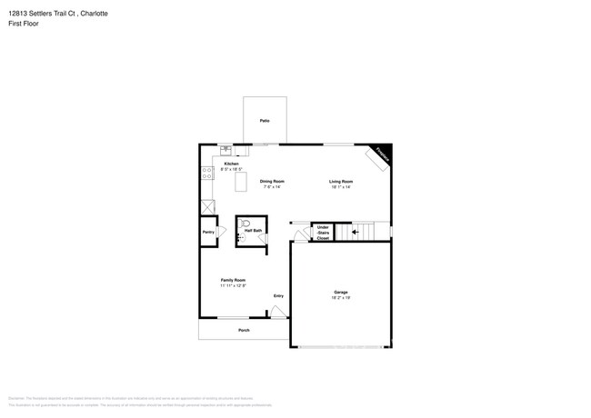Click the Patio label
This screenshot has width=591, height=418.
pos(265,121)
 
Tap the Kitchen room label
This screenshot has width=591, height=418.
pos(231,164)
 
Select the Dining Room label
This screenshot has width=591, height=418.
pos(272,181)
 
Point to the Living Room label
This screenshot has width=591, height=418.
pos(341,181)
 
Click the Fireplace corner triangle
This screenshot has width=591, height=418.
pos(383,153)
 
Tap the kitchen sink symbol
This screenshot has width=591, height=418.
pos(225,150)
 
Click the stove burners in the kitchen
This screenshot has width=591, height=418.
pos(207,170)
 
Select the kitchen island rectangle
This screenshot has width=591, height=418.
pos(241,182)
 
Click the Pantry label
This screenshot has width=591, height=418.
pos(208,232)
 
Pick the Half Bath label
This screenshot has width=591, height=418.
pos(253,231)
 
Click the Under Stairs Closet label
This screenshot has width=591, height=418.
pos(323,232)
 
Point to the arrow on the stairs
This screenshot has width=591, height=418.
pos(356,232)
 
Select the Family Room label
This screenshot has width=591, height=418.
pos(233,280)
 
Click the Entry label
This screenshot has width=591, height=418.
pos(278,295)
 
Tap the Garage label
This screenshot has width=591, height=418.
pos(341,292)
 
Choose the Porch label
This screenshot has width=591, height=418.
pos(244,330)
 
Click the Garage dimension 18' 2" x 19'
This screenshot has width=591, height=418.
pos(341,298)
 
